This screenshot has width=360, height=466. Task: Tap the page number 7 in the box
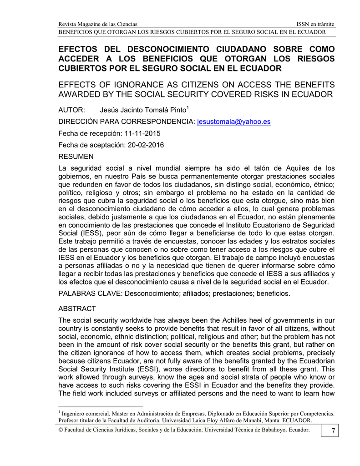click(332, 431)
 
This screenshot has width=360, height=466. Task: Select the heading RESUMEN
click(76, 157)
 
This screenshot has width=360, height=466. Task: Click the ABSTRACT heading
click(77, 309)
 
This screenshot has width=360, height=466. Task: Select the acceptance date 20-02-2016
click(146, 145)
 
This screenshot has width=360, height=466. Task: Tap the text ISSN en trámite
click(315, 24)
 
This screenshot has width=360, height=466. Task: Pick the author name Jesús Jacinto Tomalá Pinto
click(142, 111)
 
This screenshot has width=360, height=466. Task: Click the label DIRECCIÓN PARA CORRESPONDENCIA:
click(127, 122)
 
